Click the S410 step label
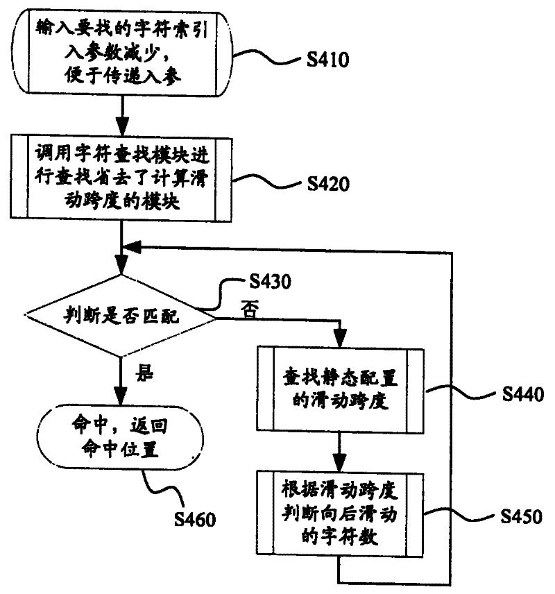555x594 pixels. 327,61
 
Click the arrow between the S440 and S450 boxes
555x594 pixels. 339,453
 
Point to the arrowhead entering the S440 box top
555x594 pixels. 339,341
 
